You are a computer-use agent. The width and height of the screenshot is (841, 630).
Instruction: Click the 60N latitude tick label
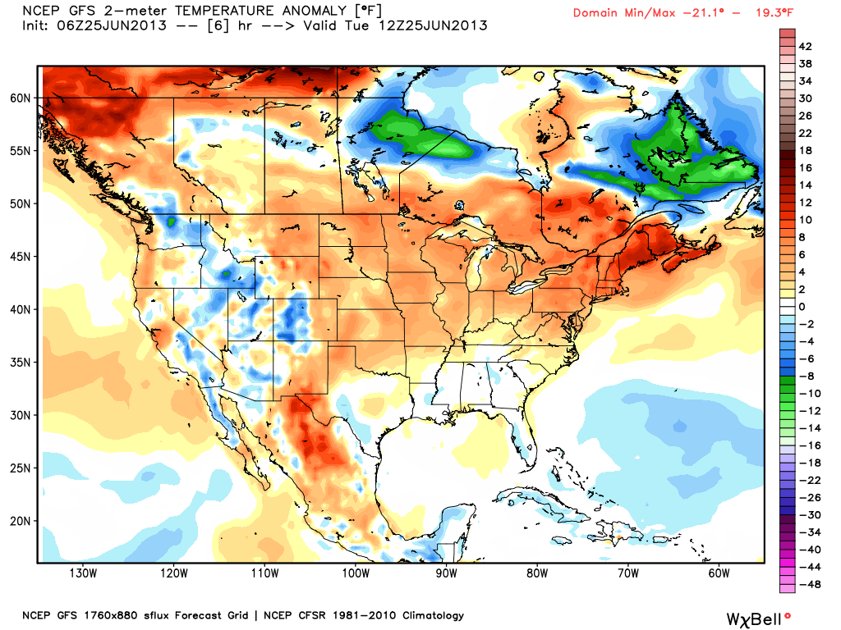coord(21,98)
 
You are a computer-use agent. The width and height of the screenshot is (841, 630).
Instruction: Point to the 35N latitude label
coord(21,363)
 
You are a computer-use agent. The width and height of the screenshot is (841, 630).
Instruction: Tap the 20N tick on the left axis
coord(21,521)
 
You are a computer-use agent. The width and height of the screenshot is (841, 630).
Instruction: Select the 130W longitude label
coord(83,573)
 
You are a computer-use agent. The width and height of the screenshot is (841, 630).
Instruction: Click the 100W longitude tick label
coord(356,573)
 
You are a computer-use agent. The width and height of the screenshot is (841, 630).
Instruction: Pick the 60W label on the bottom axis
coord(719,573)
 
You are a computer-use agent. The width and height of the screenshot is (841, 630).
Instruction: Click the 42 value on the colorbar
coord(805,47)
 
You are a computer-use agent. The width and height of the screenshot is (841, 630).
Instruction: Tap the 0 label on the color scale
coord(802,307)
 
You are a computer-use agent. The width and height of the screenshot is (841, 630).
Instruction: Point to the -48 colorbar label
coord(810,584)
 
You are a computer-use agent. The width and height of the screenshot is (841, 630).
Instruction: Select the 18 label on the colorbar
coord(805,151)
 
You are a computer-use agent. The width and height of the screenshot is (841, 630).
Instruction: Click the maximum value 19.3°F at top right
coord(774,13)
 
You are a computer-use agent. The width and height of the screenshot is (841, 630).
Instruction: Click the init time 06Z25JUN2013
coord(112,25)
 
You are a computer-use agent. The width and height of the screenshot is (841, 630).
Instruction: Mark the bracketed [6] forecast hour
coord(218,25)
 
